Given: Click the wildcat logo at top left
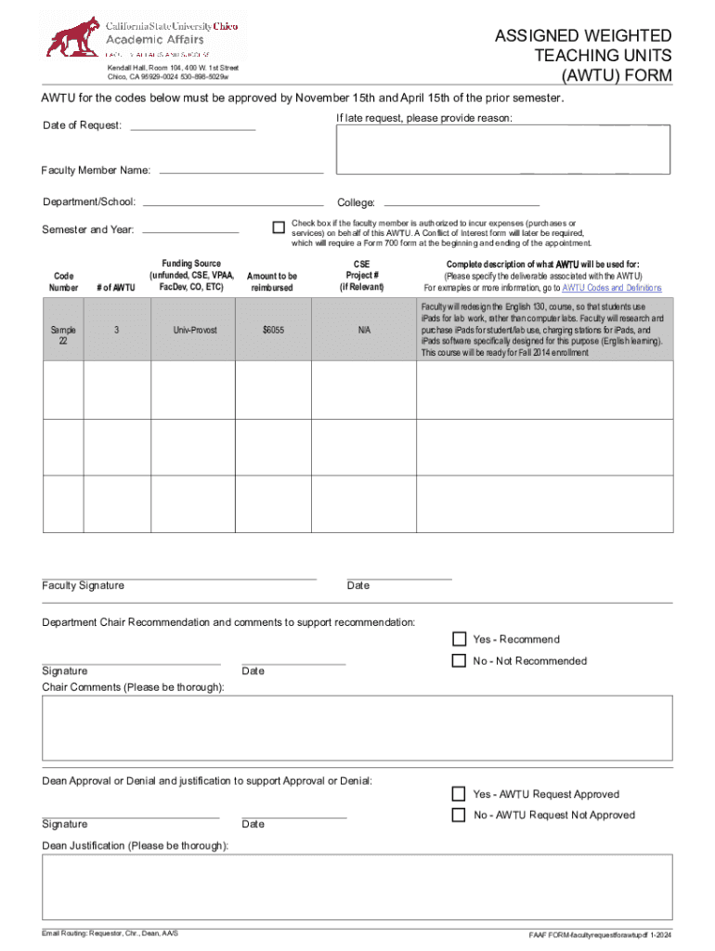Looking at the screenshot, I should [74, 37].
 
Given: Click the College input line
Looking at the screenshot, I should [461, 202].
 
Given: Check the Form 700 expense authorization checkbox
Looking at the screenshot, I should [278, 228].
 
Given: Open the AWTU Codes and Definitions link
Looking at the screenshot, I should [612, 288].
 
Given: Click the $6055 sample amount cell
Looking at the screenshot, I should [272, 330].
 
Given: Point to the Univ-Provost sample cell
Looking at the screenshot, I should [192, 330].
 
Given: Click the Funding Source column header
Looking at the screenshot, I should [191, 276].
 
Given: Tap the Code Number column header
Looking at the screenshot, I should [64, 282].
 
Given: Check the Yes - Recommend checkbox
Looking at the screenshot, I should [459, 639].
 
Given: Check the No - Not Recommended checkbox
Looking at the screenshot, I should [459, 660].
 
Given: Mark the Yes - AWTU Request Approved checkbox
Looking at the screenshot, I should [459, 794].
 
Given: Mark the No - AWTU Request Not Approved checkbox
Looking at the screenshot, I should [459, 814].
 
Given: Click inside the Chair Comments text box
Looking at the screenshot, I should [357, 729].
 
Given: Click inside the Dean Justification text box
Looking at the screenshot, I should [357, 887].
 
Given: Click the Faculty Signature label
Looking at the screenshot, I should [83, 585].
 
